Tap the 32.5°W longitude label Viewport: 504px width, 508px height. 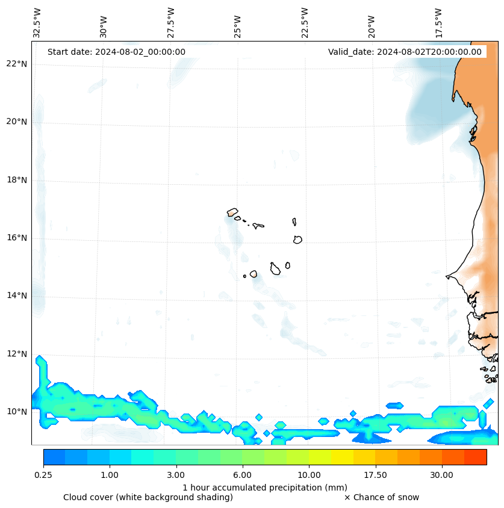[x=37, y=23]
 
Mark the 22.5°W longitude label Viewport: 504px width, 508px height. [x=305, y=23]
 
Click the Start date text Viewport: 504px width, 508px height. [x=116, y=52]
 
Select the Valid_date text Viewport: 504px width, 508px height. [x=405, y=52]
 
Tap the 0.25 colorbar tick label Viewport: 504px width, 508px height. [x=43, y=475]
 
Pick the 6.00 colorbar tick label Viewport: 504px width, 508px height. [x=243, y=475]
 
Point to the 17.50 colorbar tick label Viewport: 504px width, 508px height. [x=375, y=475]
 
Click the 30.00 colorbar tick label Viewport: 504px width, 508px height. [x=441, y=475]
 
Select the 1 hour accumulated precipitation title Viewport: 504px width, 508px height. [x=265, y=487]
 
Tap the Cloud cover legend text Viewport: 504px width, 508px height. [x=148, y=497]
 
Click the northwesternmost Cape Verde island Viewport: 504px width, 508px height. [x=232, y=212]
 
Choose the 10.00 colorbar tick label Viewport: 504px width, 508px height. [x=309, y=475]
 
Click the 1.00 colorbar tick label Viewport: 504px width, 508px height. [x=110, y=475]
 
